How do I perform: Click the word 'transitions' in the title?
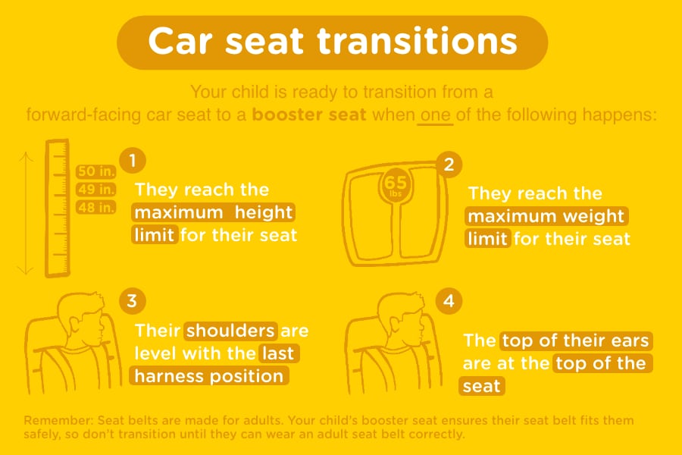click(417, 41)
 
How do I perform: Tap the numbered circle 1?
click(133, 160)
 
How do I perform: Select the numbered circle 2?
click(449, 164)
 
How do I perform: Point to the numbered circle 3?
click(132, 300)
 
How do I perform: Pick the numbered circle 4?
click(449, 300)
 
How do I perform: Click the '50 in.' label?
click(95, 171)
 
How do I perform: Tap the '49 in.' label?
click(95, 190)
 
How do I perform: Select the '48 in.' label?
click(95, 207)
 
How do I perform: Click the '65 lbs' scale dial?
click(396, 186)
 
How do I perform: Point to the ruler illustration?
click(58, 208)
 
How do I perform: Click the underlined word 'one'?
click(436, 115)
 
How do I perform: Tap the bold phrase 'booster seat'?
click(309, 115)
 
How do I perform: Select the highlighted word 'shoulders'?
click(230, 331)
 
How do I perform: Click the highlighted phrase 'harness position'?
click(209, 376)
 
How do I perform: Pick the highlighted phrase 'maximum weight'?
click(546, 216)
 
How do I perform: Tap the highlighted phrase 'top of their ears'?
click(576, 340)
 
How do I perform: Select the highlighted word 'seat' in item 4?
click(481, 386)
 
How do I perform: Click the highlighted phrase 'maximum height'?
click(213, 212)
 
